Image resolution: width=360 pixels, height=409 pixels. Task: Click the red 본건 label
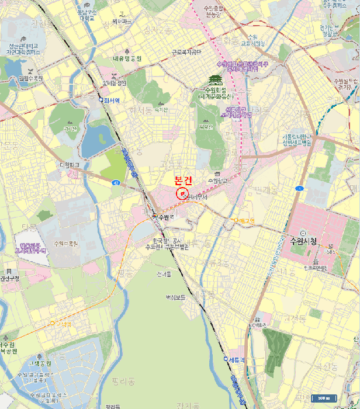(x=183, y=181)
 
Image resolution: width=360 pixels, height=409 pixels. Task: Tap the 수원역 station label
(x=167, y=216)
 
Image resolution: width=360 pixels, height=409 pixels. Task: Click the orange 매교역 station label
(x=245, y=220)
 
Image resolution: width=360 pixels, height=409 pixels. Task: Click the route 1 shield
(x=300, y=188)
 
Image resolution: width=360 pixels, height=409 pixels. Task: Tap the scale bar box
(x=324, y=398)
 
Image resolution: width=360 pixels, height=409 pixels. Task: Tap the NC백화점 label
(x=257, y=325)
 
